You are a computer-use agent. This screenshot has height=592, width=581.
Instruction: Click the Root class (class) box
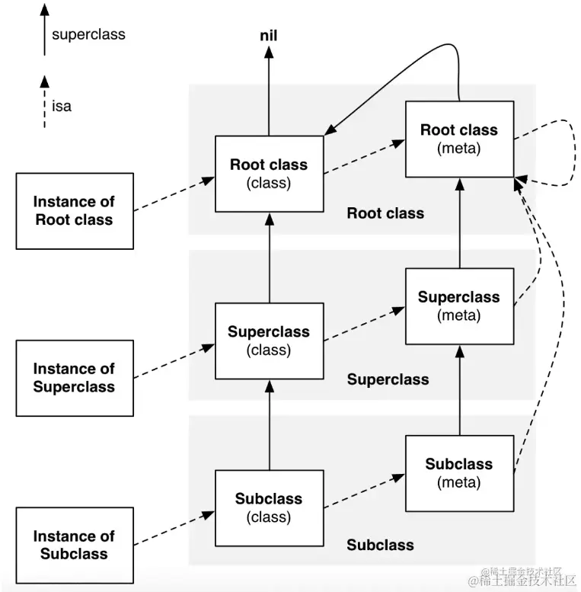click(x=269, y=174)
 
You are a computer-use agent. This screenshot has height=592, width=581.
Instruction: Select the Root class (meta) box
click(x=459, y=139)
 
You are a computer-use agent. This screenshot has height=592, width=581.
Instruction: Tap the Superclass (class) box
click(x=269, y=341)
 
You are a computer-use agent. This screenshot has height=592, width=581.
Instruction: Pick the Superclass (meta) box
click(x=459, y=306)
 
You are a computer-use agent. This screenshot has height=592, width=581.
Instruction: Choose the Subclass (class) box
click(x=269, y=508)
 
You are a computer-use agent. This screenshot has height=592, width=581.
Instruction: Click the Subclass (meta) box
click(x=459, y=473)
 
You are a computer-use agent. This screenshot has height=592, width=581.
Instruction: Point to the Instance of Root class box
click(x=75, y=211)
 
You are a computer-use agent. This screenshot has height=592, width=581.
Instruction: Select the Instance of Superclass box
click(x=75, y=378)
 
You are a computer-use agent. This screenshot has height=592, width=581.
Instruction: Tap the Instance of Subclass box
click(x=75, y=546)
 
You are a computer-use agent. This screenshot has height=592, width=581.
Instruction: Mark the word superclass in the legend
click(x=88, y=34)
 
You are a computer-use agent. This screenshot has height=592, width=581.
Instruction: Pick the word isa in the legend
click(x=62, y=106)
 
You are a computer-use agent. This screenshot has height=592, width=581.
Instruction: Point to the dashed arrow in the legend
click(x=44, y=103)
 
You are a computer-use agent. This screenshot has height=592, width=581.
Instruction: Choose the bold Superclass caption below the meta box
click(x=388, y=379)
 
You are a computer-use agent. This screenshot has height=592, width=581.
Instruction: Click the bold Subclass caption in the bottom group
click(x=380, y=546)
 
